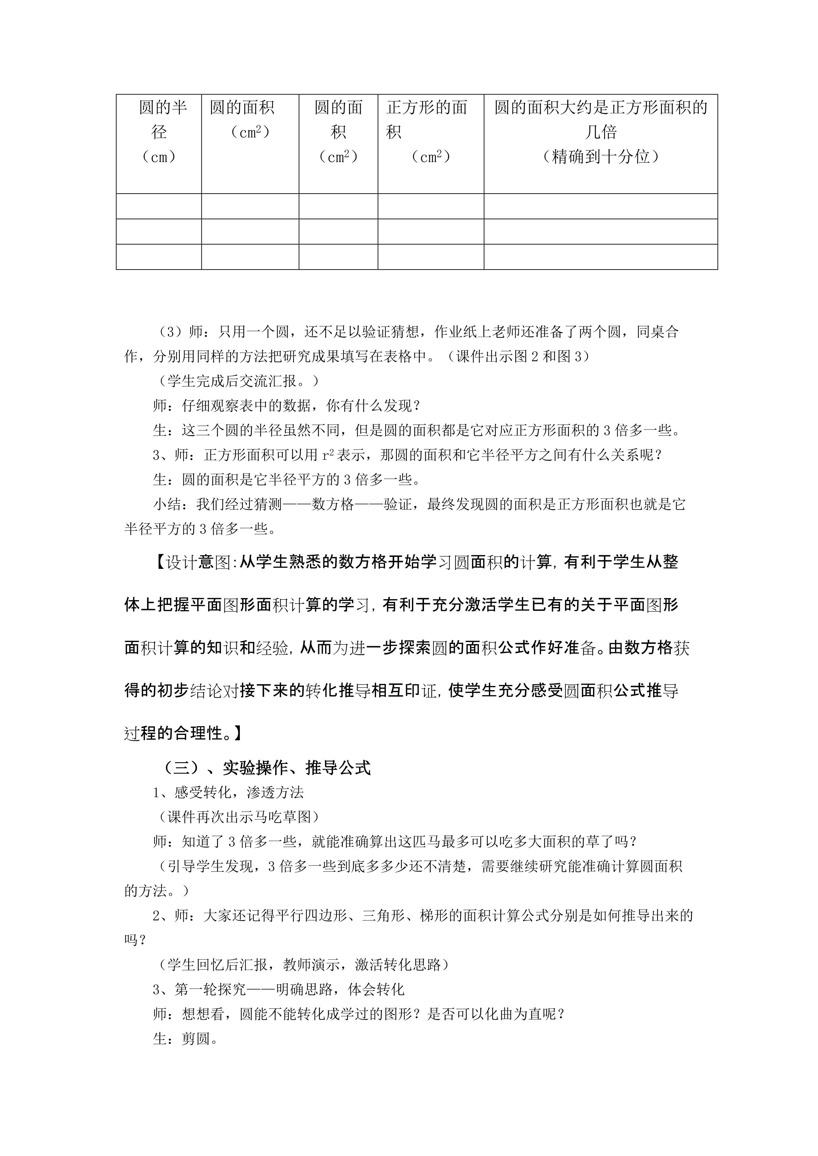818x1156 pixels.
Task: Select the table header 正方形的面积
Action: pyautogui.click(x=427, y=119)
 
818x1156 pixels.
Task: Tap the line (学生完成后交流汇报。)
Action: pyautogui.click(x=236, y=381)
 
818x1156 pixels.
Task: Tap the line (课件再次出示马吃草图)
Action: pyautogui.click(x=236, y=817)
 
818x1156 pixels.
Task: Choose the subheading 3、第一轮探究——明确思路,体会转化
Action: pyautogui.click(x=279, y=989)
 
